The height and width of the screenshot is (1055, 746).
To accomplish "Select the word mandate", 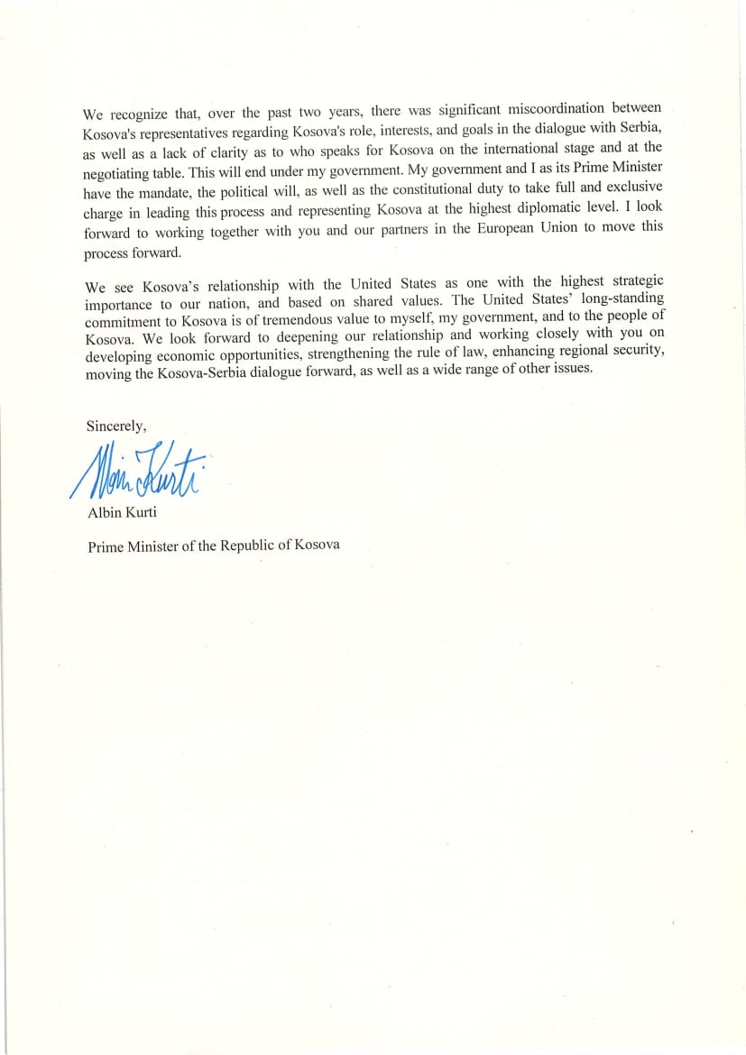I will point(152,193).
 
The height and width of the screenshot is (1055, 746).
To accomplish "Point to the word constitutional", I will point(448,188).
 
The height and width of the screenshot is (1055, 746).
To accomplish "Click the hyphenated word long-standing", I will point(611,298).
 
